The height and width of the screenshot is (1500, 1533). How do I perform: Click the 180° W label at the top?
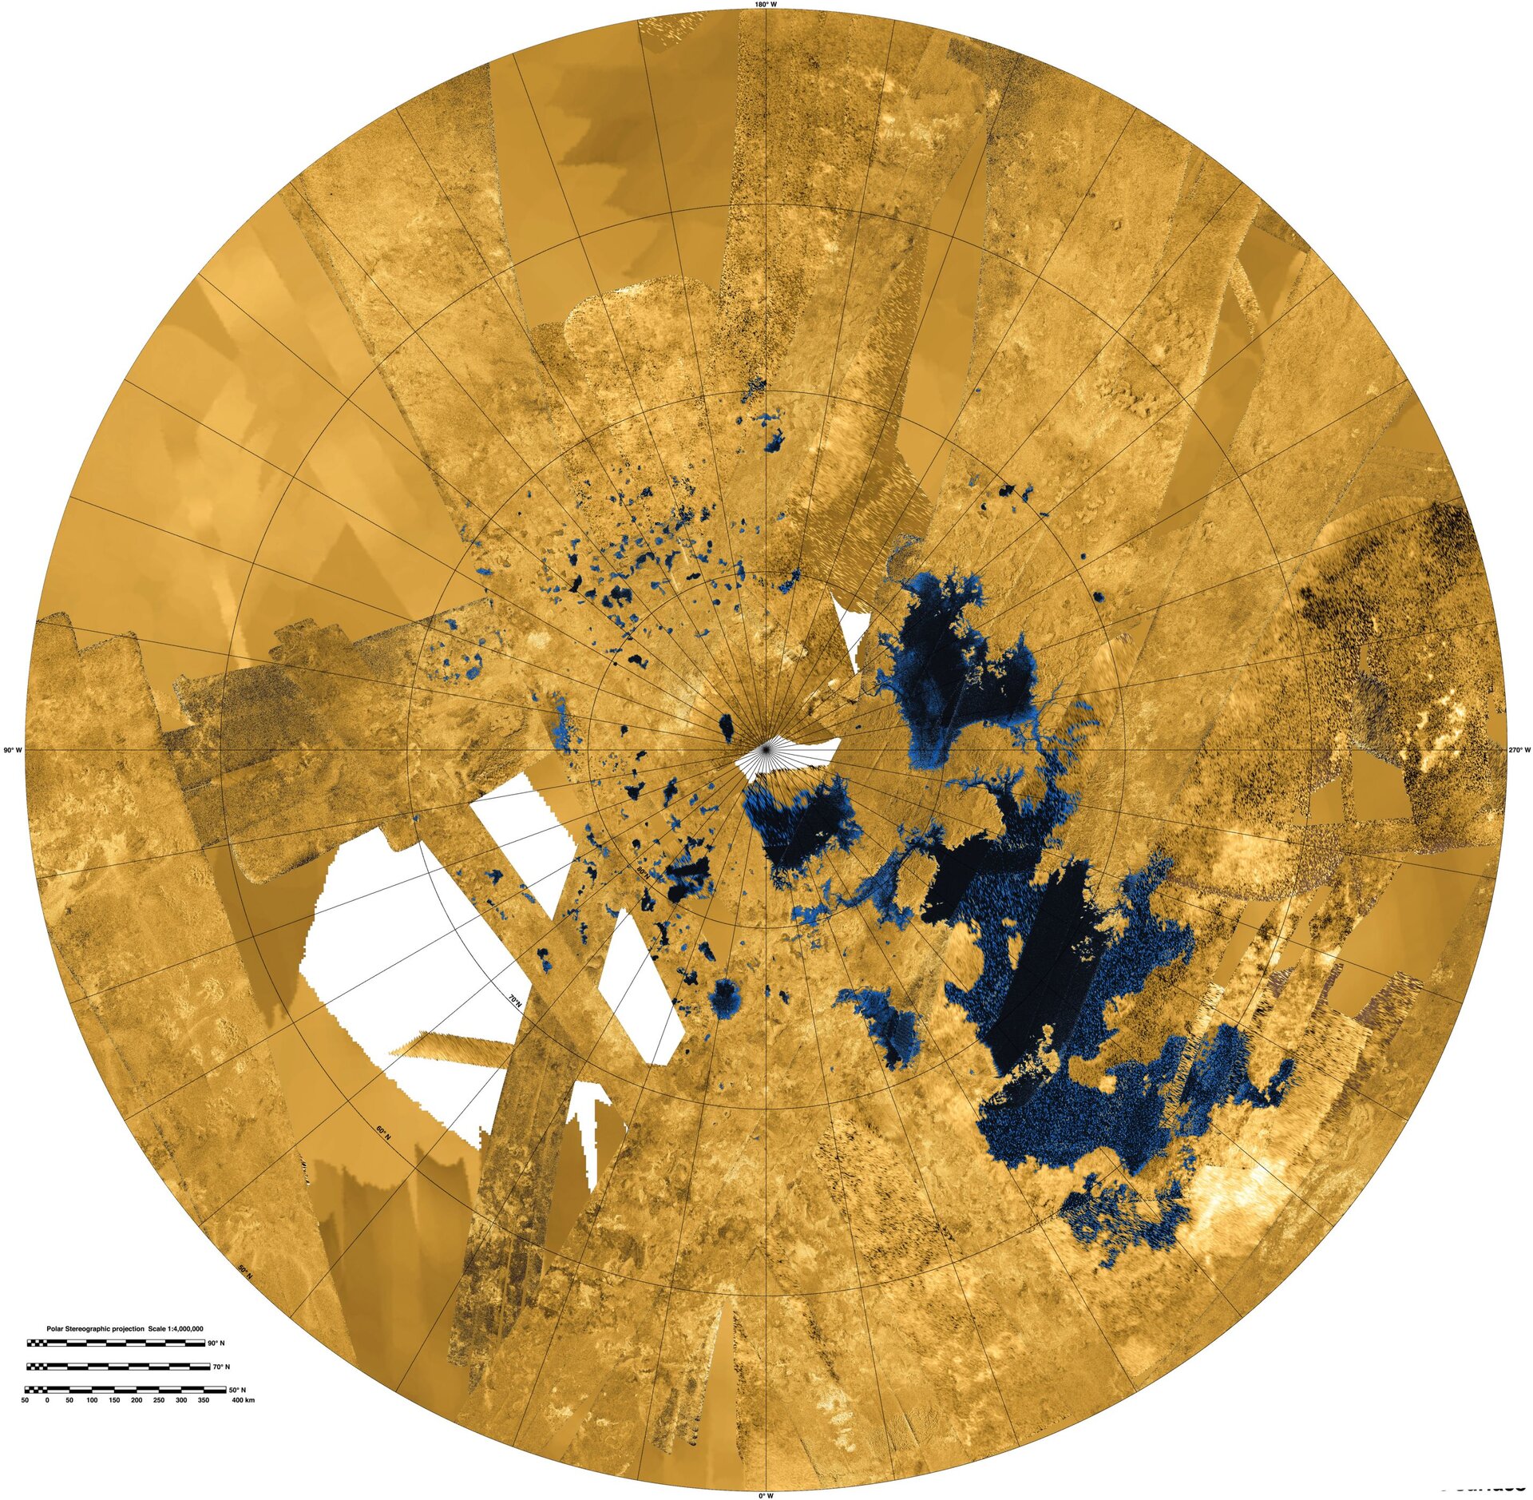click(766, 5)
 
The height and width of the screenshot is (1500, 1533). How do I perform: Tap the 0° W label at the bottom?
click(766, 1494)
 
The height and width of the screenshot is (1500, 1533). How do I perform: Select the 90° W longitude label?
click(14, 750)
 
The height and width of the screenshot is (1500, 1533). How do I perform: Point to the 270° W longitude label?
click(1519, 750)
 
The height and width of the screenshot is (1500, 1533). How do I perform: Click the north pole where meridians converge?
click(766, 749)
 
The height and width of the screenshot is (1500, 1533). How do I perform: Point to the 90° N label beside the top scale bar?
click(217, 1343)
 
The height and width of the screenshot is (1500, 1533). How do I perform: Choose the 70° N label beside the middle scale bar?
click(217, 1367)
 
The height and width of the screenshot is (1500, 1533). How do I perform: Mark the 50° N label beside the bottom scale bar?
click(217, 1391)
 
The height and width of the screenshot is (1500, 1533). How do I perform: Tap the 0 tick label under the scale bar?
click(47, 1401)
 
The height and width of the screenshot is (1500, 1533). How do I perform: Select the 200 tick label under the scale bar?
click(137, 1401)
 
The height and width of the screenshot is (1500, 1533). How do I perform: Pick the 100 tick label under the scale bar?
click(92, 1401)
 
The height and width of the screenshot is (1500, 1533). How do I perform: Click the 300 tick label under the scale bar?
click(181, 1401)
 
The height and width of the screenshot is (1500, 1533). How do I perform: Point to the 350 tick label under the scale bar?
click(204, 1401)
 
